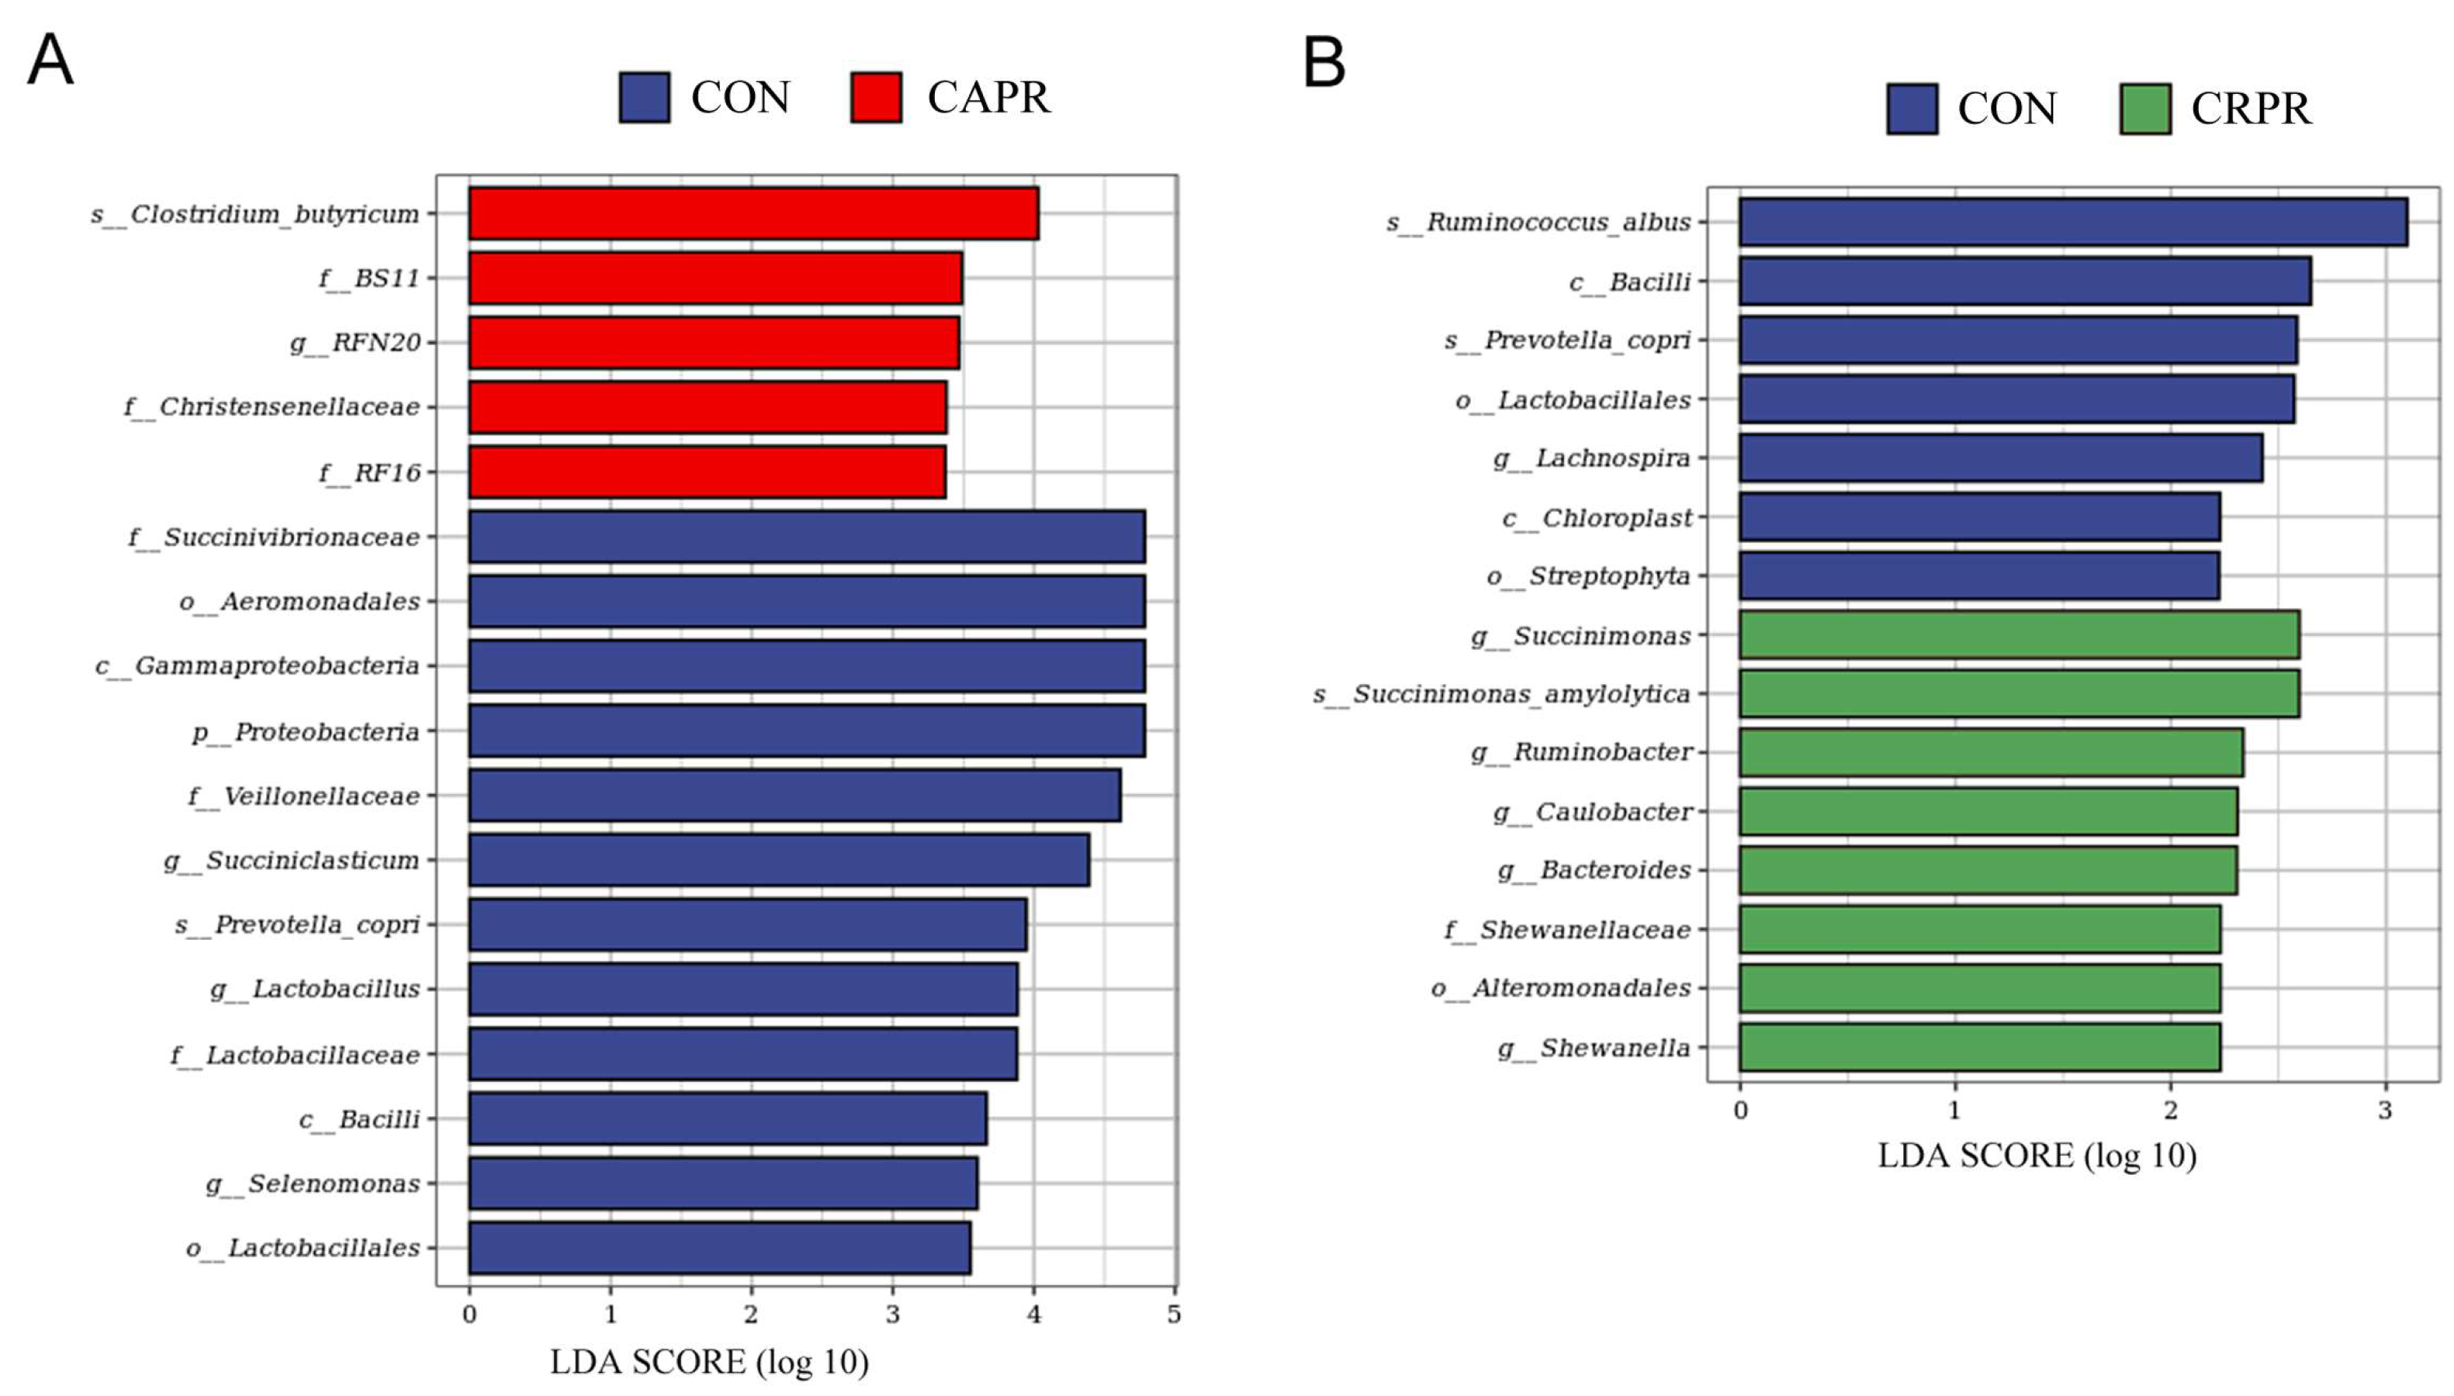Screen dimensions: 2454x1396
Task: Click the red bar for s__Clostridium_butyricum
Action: (x=753, y=213)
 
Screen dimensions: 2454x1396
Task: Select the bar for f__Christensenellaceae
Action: (x=708, y=406)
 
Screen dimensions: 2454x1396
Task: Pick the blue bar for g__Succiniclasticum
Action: (x=779, y=860)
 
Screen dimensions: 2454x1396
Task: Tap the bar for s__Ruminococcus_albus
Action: (x=2073, y=223)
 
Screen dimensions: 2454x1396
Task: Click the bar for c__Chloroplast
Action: (x=1980, y=517)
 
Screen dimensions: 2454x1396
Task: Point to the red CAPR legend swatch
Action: (x=875, y=97)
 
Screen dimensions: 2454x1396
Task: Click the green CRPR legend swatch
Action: (x=2145, y=109)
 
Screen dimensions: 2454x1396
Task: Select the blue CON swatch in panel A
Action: (x=645, y=97)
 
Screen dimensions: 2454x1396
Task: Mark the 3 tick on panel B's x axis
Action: (x=2385, y=1111)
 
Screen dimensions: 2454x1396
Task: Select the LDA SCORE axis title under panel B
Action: (x=2037, y=1156)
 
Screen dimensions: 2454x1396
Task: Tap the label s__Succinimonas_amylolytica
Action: (x=1502, y=694)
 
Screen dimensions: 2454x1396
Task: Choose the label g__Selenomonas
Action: (x=313, y=1184)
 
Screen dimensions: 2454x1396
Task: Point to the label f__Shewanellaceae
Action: (x=1568, y=929)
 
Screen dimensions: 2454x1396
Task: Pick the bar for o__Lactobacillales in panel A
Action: (x=719, y=1247)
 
